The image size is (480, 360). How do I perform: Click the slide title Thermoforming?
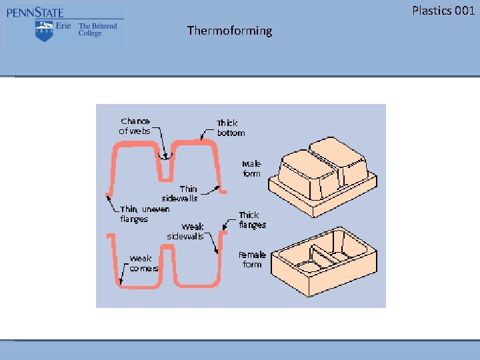(229, 31)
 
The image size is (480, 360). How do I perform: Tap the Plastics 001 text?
(443, 10)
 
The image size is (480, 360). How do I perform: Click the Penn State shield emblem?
(44, 31)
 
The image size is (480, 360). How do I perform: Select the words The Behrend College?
(97, 30)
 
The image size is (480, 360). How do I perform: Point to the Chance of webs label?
(135, 126)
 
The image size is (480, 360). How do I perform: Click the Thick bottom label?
(231, 127)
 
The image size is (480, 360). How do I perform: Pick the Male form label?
(251, 169)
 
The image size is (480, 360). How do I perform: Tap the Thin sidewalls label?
(180, 193)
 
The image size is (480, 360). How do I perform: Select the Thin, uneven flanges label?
(144, 214)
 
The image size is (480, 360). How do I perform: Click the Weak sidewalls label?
(185, 231)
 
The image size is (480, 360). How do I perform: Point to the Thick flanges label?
(252, 219)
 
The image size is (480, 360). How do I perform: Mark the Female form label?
(252, 259)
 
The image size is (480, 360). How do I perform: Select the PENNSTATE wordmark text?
(35, 12)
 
